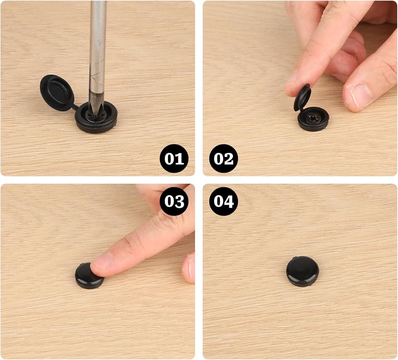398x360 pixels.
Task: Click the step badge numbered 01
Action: pos(174,159)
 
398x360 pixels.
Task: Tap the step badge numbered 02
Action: pos(223,159)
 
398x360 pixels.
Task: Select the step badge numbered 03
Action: pos(174,201)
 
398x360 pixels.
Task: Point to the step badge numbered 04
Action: pos(223,201)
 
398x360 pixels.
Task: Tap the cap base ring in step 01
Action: pos(96,117)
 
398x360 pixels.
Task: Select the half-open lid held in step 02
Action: pos(302,97)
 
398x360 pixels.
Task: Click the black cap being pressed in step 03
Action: pos(89,276)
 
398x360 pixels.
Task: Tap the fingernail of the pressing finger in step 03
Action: pos(101,264)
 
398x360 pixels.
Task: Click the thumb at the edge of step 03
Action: pos(189,268)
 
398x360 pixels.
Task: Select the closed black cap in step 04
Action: pos(302,271)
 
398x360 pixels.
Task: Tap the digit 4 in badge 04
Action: pos(229,201)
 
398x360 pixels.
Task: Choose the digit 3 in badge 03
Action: pos(179,202)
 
